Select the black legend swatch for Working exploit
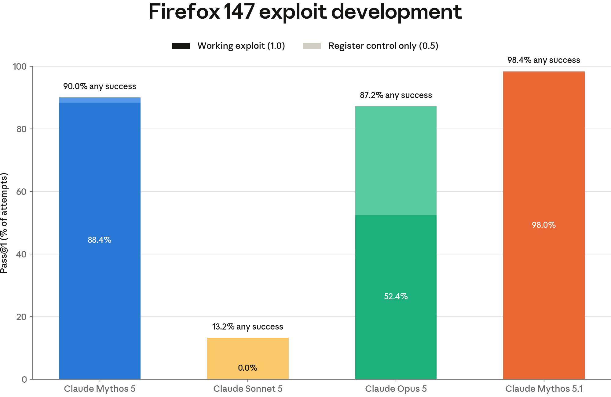pos(181,46)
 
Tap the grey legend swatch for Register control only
pos(312,46)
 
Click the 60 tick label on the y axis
pos(21,191)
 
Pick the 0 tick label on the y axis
pos(24,379)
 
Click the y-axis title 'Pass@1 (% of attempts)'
pos(4,223)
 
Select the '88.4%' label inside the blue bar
pos(100,240)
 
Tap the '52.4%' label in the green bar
pos(396,296)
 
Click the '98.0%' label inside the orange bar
pos(544,225)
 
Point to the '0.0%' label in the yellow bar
pos(248,368)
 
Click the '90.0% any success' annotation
pos(100,86)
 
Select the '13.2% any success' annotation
pos(248,327)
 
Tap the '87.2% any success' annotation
pos(396,95)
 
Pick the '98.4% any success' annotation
pos(544,60)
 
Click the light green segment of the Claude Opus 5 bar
pos(396,161)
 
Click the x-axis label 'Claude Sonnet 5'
pos(248,389)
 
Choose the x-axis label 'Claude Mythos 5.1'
pos(544,389)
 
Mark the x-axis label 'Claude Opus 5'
pos(396,389)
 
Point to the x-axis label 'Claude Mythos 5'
pos(100,389)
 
